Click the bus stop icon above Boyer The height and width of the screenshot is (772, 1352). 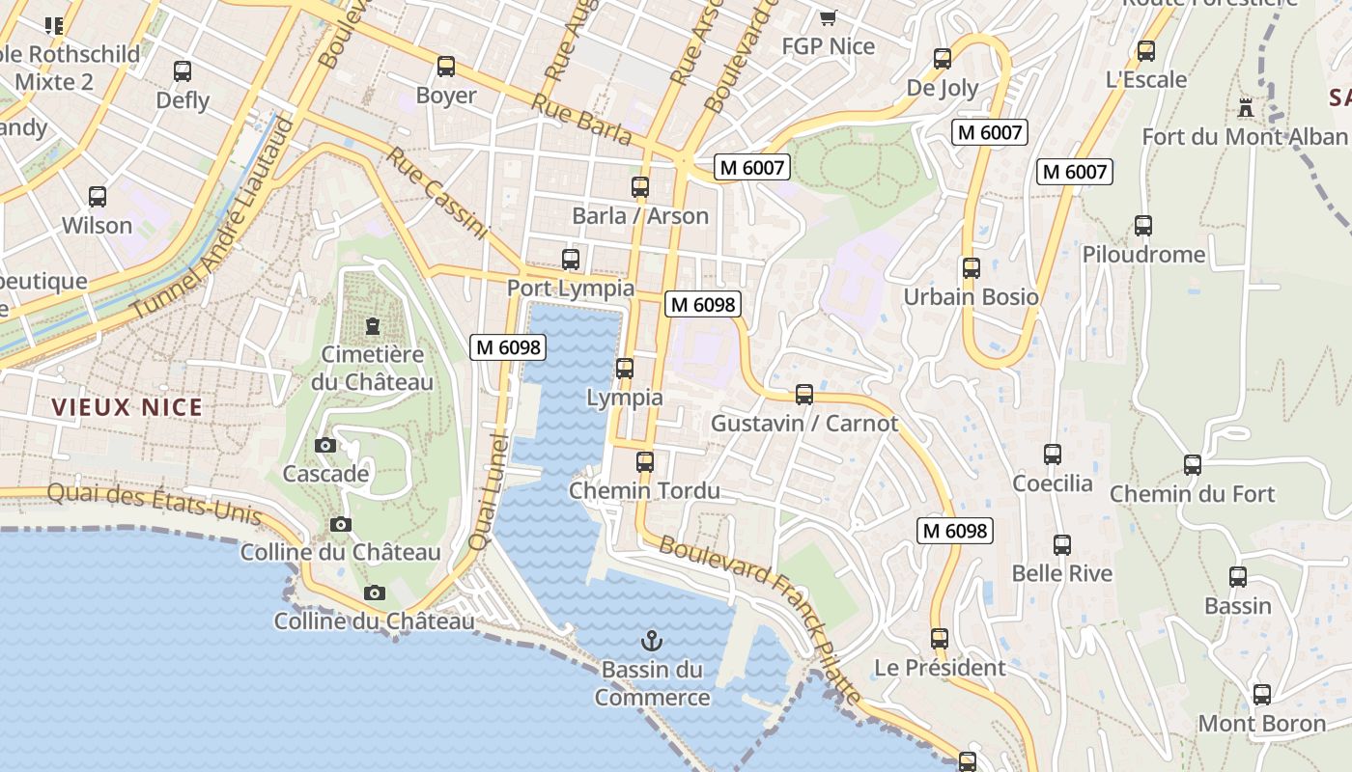[x=445, y=67]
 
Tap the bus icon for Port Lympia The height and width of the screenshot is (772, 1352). [x=571, y=260]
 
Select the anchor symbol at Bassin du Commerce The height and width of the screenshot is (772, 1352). [x=652, y=640]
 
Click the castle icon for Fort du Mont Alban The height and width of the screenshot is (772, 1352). [x=1246, y=108]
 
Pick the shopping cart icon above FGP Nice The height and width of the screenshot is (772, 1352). [x=828, y=17]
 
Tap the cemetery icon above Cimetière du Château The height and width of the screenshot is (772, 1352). [x=373, y=326]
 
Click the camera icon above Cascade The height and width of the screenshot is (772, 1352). [x=325, y=445]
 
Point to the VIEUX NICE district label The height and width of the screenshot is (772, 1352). [x=127, y=407]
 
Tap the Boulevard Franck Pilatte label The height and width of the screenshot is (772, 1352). [x=758, y=618]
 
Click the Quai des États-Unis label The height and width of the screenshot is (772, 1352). [x=155, y=503]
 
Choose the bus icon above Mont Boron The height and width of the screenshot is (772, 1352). [x=1261, y=695]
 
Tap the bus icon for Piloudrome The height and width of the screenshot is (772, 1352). [x=1143, y=226]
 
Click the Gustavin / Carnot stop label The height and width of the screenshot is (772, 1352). [x=804, y=424]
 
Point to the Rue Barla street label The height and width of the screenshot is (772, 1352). [x=581, y=120]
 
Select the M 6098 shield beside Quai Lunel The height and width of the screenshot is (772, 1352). [x=508, y=347]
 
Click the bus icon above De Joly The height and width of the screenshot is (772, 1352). [x=943, y=59]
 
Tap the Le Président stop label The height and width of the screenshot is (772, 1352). [x=940, y=668]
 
